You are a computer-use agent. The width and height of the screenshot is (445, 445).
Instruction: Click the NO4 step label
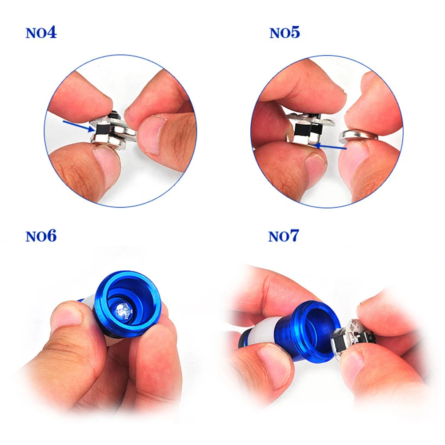click(x=41, y=33)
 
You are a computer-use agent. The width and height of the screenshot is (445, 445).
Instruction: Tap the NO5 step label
click(x=285, y=33)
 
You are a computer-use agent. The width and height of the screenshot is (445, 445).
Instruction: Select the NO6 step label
click(x=41, y=236)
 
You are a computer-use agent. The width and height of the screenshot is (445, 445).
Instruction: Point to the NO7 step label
click(x=283, y=236)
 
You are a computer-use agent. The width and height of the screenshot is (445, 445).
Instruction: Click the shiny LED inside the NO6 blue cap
click(x=123, y=308)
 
